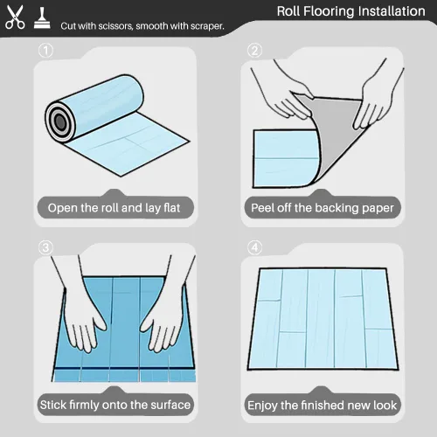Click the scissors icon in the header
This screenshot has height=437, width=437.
click(x=15, y=17)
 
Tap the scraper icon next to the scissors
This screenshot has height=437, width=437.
click(x=42, y=18)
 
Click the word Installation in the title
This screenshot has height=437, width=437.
click(x=392, y=11)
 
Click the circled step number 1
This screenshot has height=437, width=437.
click(x=45, y=51)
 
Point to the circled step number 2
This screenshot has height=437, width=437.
click(x=254, y=51)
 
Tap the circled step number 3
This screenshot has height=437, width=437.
click(x=45, y=248)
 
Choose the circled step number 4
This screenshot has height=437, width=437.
click(x=254, y=248)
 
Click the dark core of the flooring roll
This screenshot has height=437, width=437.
click(x=60, y=121)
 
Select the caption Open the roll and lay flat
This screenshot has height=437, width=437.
click(x=114, y=208)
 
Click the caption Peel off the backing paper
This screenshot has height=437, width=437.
click(x=323, y=208)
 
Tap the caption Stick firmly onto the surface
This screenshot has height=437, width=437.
click(x=115, y=405)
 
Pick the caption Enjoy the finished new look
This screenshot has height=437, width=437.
click(x=323, y=406)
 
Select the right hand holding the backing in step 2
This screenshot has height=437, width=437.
click(x=376, y=99)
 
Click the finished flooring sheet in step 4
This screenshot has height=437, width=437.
click(x=323, y=319)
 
